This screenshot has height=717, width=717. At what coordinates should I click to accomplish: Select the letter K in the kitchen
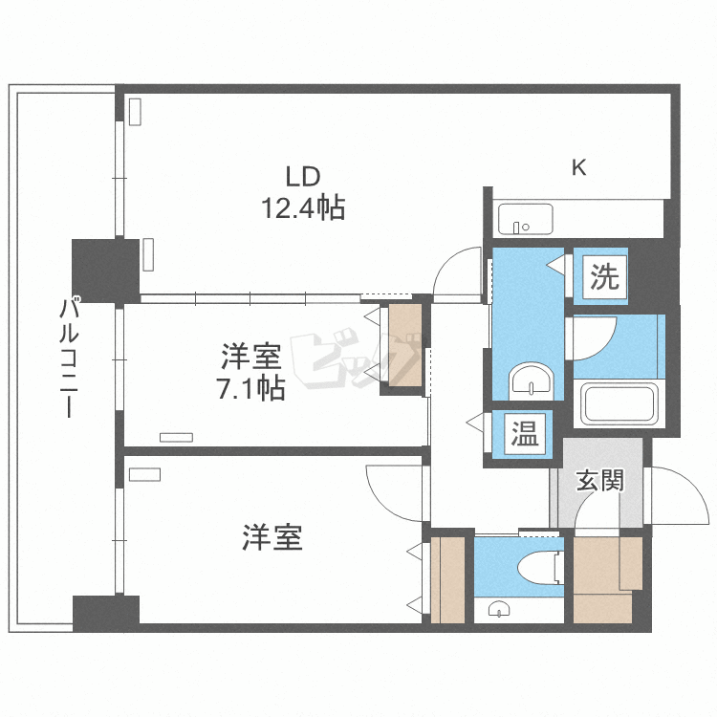[578, 168]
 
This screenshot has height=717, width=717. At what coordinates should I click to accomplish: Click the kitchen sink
[522, 220]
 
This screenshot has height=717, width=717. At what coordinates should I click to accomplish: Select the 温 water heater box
[523, 435]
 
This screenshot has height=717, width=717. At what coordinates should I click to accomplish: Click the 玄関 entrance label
[599, 479]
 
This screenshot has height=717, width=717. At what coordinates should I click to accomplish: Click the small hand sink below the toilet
[498, 608]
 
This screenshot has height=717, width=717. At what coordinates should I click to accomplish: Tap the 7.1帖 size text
[251, 389]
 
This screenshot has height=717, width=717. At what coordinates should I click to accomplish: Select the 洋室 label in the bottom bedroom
[272, 538]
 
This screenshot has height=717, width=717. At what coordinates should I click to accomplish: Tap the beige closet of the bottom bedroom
[447, 579]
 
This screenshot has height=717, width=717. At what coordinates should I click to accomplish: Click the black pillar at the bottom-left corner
[106, 611]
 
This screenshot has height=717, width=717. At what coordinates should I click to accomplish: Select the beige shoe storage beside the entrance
[605, 579]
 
